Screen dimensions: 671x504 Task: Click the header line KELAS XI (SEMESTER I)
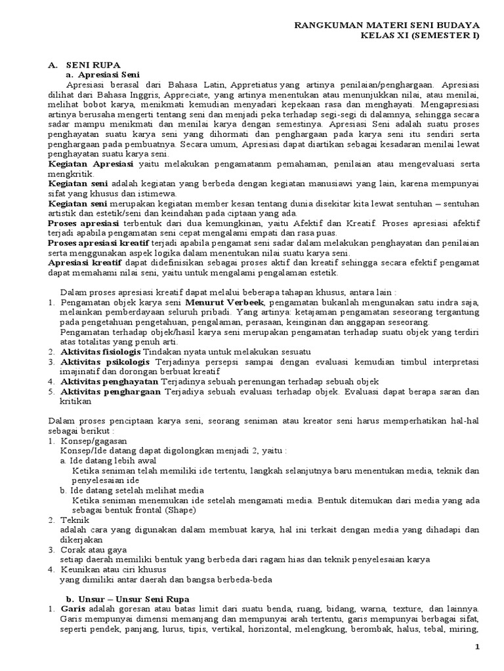[420, 35]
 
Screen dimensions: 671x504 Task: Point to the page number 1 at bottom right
[478, 648]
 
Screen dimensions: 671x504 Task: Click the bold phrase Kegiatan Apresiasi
[91, 161]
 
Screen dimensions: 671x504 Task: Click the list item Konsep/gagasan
[93, 442]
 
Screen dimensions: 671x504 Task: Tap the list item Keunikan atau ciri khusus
[106, 569]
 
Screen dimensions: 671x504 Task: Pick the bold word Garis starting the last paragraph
[72, 609]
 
